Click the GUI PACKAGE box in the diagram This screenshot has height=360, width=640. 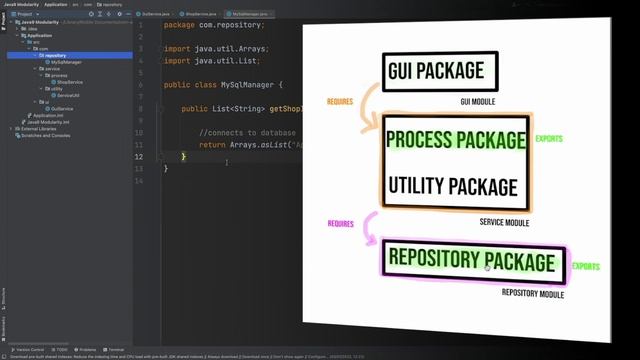[x=433, y=70]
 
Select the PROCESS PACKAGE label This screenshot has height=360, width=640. [x=456, y=139]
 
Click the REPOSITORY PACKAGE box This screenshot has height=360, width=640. [x=469, y=262]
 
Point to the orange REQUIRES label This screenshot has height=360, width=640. [x=340, y=102]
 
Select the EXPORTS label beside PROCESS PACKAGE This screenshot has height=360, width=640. [x=548, y=139]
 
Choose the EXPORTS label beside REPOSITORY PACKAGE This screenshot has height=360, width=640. [x=586, y=267]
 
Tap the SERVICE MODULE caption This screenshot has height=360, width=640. [x=504, y=222]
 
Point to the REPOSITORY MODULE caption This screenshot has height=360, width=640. [x=533, y=295]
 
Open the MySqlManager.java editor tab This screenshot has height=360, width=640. [x=251, y=15]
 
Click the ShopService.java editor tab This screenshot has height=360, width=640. [x=201, y=15]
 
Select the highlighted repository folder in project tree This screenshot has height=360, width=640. [x=55, y=56]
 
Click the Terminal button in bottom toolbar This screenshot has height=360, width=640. [x=115, y=350]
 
